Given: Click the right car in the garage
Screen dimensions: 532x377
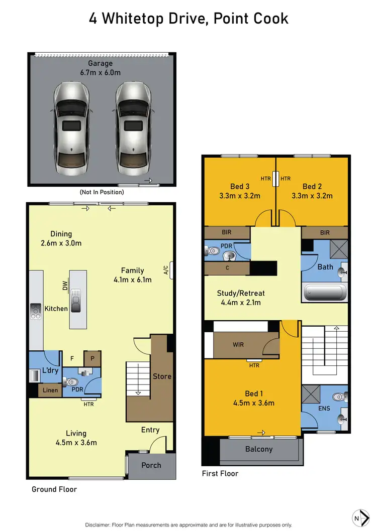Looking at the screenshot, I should pyautogui.click(x=133, y=128).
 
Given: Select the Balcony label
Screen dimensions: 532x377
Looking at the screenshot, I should pyautogui.click(x=258, y=449).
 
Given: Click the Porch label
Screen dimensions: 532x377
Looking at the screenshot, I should pyautogui.click(x=151, y=465).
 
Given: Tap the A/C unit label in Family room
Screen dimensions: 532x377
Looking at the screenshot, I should pyautogui.click(x=165, y=270).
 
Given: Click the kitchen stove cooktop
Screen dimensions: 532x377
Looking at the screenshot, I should pyautogui.click(x=36, y=311).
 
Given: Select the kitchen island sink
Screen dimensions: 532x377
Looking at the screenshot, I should pyautogui.click(x=77, y=301).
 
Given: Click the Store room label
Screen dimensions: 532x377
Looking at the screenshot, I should pyautogui.click(x=162, y=376).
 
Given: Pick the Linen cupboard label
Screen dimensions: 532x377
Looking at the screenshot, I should pyautogui.click(x=50, y=390).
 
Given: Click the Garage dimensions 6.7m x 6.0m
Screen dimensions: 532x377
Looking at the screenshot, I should pyautogui.click(x=101, y=73).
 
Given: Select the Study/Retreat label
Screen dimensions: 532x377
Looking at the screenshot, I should pyautogui.click(x=240, y=293).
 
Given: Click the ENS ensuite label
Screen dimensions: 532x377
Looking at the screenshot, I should pyautogui.click(x=324, y=409).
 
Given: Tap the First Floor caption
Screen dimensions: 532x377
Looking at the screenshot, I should pyautogui.click(x=220, y=473).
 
